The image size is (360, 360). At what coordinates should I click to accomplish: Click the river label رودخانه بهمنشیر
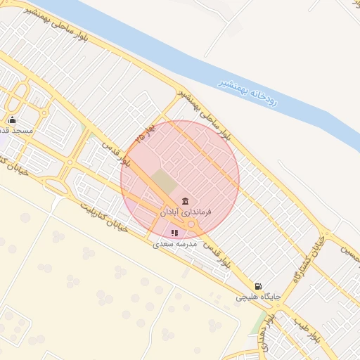coord(247,91)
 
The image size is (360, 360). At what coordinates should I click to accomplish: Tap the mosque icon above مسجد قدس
coord(12,120)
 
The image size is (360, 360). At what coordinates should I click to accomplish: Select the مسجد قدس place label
coord(15,131)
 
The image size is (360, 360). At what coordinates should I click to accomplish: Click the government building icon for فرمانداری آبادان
coord(186,201)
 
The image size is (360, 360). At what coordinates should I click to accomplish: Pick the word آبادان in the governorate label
coord(172,211)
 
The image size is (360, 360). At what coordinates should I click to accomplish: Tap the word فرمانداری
coord(198,211)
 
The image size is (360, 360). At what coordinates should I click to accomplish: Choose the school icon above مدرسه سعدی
coord(174,233)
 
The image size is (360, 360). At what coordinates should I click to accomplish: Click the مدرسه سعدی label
coord(174,243)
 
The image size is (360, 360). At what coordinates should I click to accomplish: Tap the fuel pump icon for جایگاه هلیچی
coord(259,286)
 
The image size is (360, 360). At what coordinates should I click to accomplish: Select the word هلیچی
coord(248,297)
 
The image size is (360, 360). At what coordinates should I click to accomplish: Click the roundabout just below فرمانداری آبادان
coord(191,225)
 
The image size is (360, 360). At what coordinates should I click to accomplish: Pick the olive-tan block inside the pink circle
coord(165,181)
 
